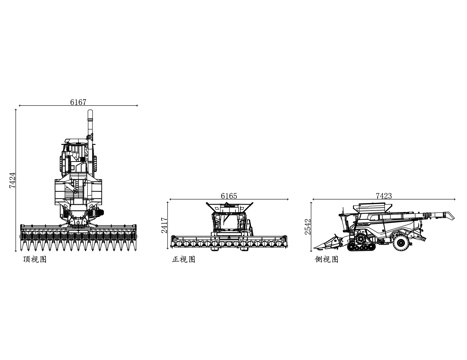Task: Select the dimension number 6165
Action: [x=229, y=196]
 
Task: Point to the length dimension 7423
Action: [x=384, y=196]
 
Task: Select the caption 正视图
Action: [x=185, y=259]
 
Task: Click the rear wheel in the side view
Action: [x=403, y=241]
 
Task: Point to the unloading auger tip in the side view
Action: [x=442, y=214]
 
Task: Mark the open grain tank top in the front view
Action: [x=229, y=208]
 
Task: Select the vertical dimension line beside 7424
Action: [x=18, y=180]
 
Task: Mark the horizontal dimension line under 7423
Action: [x=384, y=201]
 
